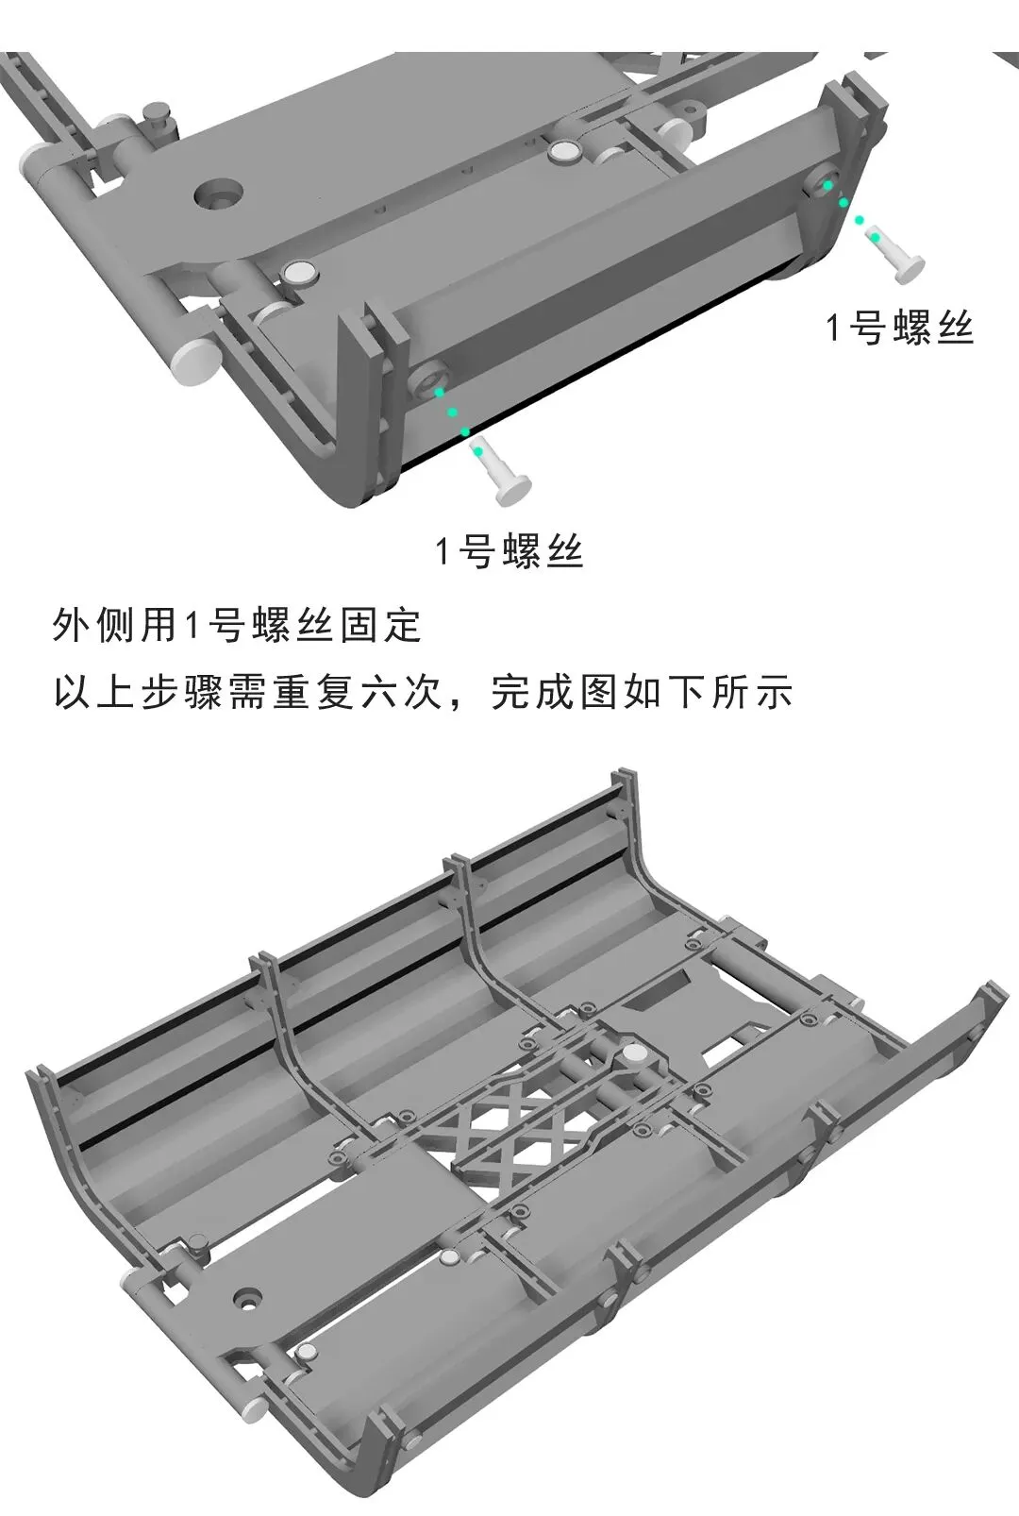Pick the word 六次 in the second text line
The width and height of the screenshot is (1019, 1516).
pos(402,692)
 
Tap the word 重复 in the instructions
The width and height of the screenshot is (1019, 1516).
pos(313,692)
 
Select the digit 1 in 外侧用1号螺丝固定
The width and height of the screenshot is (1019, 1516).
pos(190,625)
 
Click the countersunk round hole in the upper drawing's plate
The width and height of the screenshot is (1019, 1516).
pos(219,193)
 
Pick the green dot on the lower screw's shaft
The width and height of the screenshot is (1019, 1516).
pos(479,450)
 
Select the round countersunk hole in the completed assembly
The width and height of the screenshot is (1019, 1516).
pos(249,1297)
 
